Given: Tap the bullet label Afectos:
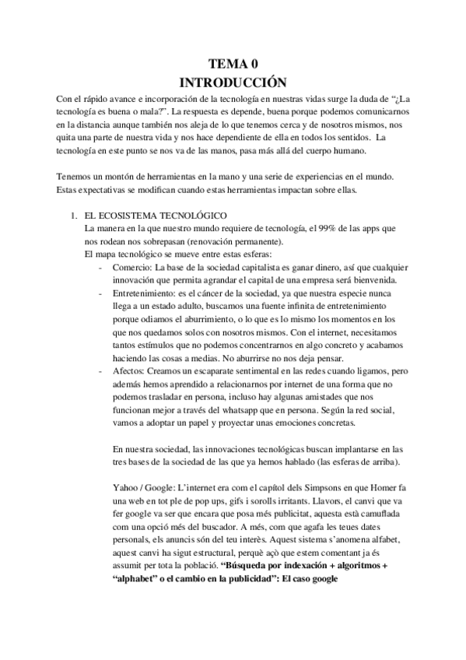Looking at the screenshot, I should pyautogui.click(x=130, y=370).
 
